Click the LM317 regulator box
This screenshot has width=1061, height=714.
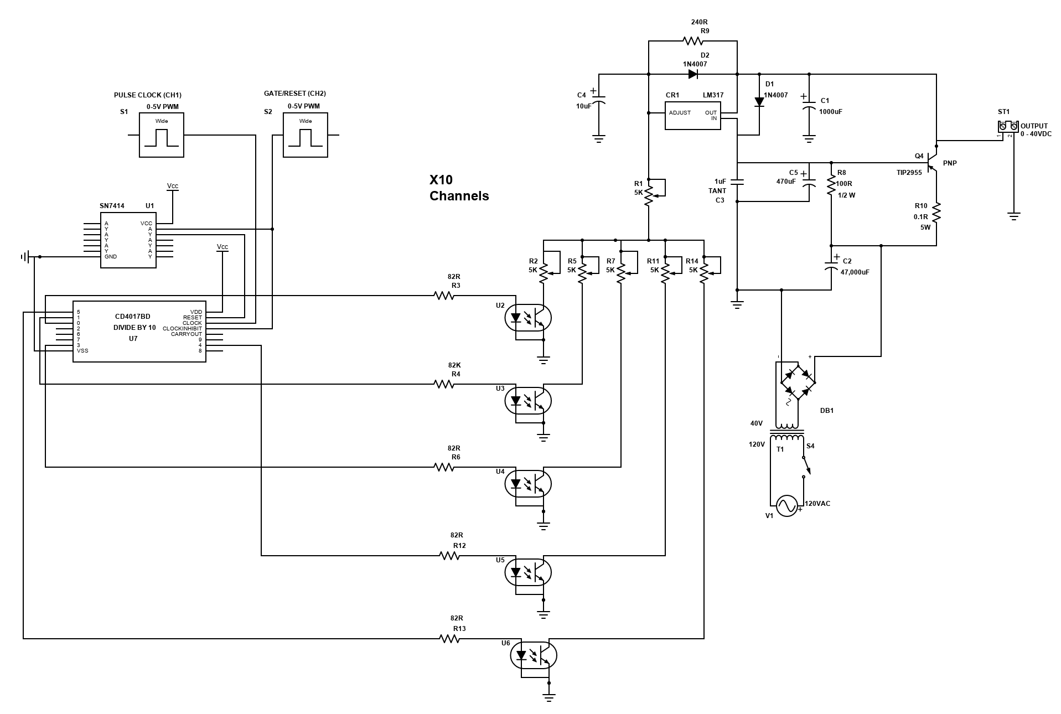point(692,115)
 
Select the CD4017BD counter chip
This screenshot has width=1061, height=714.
point(139,332)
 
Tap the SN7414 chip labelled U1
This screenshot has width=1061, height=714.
point(128,240)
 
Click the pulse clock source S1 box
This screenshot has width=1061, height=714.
point(161,135)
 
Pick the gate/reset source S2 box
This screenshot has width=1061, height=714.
point(305,135)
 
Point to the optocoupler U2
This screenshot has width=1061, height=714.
point(529,318)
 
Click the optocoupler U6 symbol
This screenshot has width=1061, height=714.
point(533,655)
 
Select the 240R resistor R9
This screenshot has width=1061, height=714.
point(693,41)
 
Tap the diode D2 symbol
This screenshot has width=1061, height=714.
point(692,74)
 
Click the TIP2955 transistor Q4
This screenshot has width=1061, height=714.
point(933,163)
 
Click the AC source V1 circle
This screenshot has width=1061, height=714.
point(786,505)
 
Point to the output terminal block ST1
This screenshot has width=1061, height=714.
point(1008,127)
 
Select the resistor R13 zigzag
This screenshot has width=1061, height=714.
point(449,639)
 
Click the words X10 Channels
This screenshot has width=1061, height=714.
point(459,188)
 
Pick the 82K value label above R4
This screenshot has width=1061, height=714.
point(454,365)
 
